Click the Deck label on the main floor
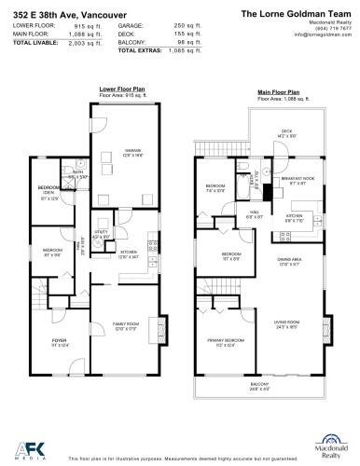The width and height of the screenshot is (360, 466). pyautogui.click(x=286, y=131)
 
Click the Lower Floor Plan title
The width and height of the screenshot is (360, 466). pyautogui.click(x=118, y=89)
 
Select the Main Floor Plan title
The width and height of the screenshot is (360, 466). pyautogui.click(x=279, y=93)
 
